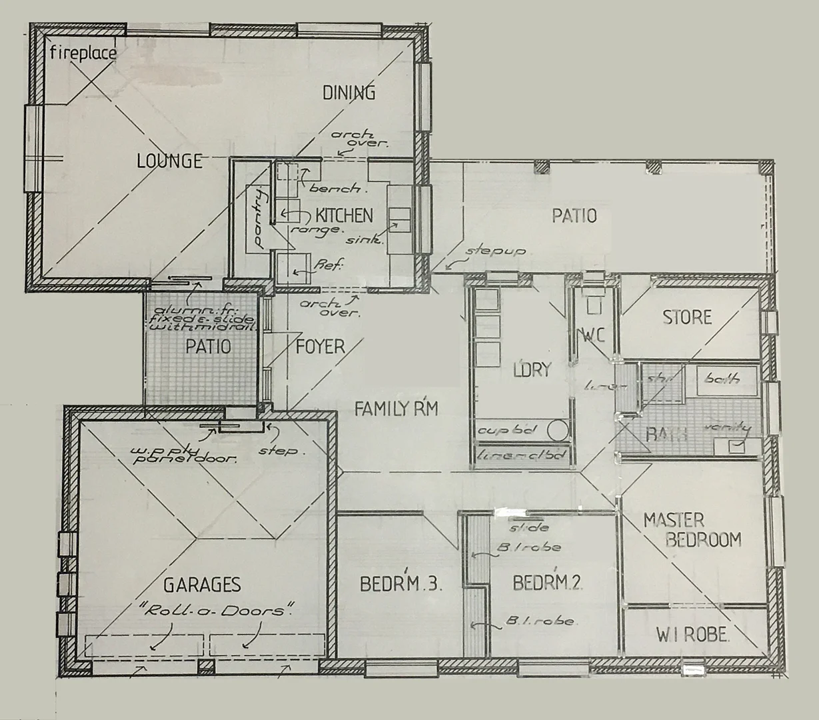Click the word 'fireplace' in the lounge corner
click(x=84, y=53)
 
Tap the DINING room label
click(x=349, y=93)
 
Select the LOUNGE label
click(x=169, y=161)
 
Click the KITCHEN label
click(x=344, y=215)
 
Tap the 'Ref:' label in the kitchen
click(x=329, y=266)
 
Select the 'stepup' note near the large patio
click(x=496, y=252)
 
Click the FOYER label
click(x=321, y=347)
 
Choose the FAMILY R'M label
click(x=396, y=409)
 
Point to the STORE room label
click(x=687, y=317)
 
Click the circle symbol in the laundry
click(x=558, y=430)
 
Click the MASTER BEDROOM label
click(x=691, y=529)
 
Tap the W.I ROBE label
click(x=692, y=635)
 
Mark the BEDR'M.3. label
click(x=401, y=584)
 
